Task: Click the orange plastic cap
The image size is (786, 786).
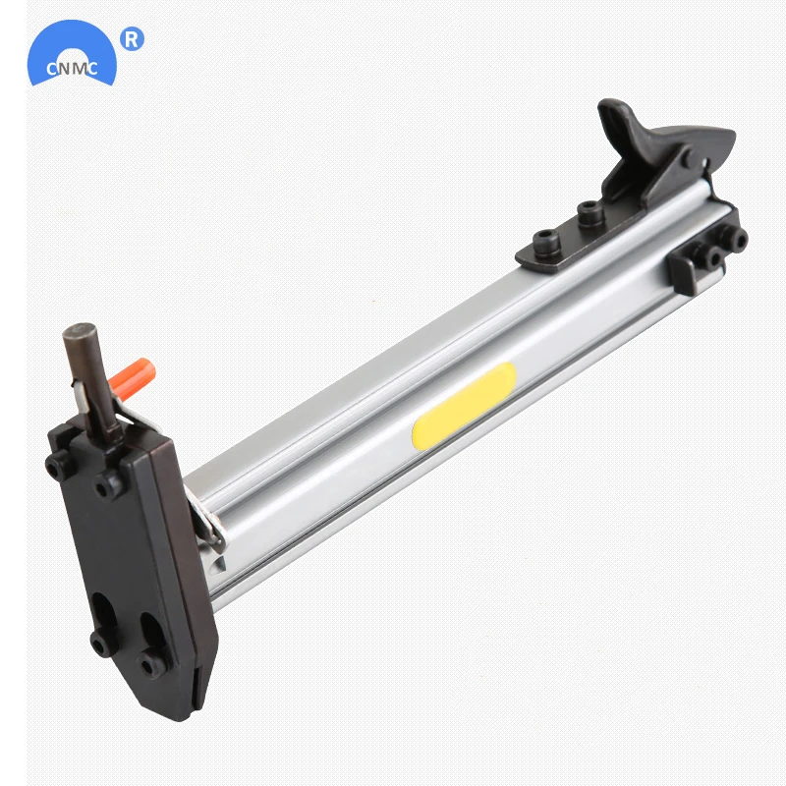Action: tap(133, 379)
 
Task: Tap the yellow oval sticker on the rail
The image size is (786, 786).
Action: tap(464, 406)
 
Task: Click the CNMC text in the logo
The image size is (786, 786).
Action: tap(72, 68)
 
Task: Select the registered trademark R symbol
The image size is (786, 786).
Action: tap(132, 39)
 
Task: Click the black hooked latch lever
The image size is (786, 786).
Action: tap(661, 150)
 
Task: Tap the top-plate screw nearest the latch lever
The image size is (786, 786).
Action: tap(590, 213)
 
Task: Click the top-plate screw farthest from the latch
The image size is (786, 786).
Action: tap(546, 243)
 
